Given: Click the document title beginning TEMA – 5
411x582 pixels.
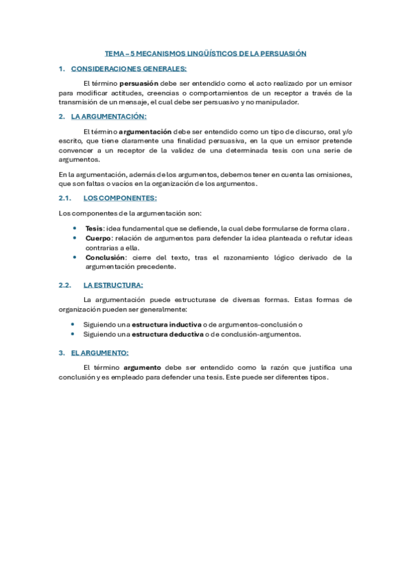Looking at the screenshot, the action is coord(205,53).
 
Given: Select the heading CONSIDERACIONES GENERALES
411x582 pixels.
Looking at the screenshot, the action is coord(128,69).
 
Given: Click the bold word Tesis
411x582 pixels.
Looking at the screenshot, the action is coord(95,228).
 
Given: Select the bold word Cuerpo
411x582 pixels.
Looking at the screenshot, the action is coord(97,237).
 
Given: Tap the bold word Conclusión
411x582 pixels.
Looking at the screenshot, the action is coord(105,257).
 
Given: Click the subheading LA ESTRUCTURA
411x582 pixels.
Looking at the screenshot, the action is coord(113,285).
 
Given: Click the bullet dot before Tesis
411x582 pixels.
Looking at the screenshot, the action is coord(74,228).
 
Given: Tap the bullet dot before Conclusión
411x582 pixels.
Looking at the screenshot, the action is coord(74,257).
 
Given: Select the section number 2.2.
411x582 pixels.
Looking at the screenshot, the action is coord(66,285).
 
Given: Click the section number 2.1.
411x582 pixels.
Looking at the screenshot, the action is coord(66,198).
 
